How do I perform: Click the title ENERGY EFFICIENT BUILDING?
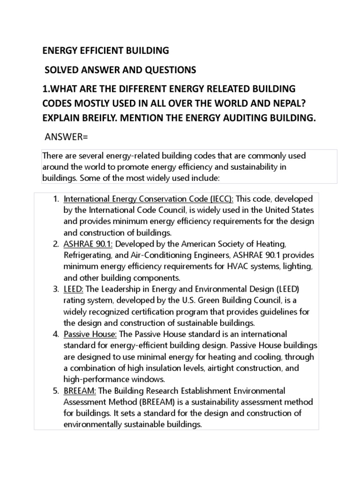coord(106,50)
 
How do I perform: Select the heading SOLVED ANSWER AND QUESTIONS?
coord(120,70)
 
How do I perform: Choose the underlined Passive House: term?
coord(91,334)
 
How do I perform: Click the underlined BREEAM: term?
coord(80,390)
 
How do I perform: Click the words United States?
coord(287,210)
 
